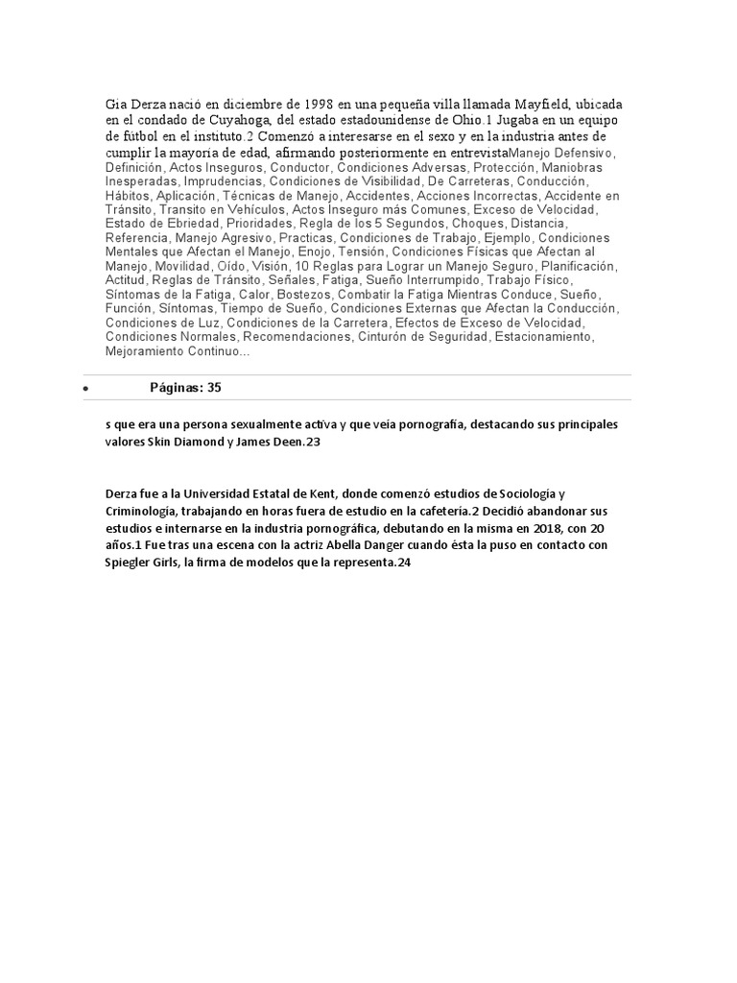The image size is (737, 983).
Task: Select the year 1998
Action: tap(313, 103)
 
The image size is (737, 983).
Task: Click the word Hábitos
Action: tap(128, 195)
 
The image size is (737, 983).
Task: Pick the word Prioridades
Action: tap(257, 223)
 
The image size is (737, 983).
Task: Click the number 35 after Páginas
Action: tap(214, 387)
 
